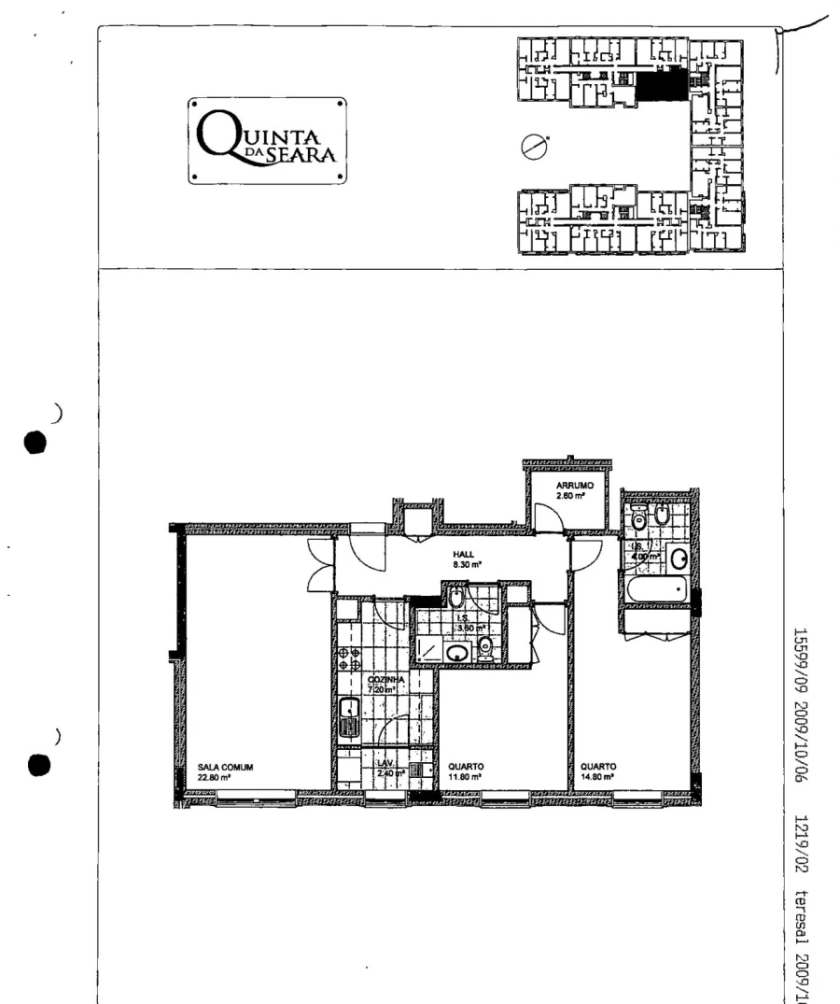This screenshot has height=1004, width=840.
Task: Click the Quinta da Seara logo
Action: pos(267,140)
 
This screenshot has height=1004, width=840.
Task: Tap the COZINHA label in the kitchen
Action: pos(385,679)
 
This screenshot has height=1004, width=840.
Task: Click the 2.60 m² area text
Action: pos(570,496)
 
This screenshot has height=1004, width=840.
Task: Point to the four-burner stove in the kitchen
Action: pos(350,658)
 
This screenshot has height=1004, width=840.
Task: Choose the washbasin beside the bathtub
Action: pos(679,559)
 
